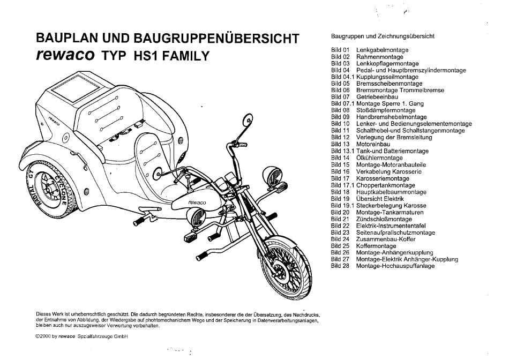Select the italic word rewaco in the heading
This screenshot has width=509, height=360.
(x=65, y=55)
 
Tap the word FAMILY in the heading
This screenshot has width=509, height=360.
(x=186, y=56)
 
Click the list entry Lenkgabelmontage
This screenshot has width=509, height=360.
(x=382, y=50)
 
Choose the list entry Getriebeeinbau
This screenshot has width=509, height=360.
(x=377, y=97)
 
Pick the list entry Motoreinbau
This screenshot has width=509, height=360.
(x=373, y=144)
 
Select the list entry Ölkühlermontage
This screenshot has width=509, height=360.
(x=379, y=157)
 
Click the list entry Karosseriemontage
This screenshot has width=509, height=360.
(x=383, y=178)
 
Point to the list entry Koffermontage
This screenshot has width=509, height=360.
(x=376, y=246)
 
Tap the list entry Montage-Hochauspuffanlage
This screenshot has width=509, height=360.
(x=395, y=266)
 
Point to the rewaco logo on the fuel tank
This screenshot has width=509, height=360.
(x=197, y=202)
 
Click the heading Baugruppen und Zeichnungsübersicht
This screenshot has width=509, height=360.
(x=383, y=36)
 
